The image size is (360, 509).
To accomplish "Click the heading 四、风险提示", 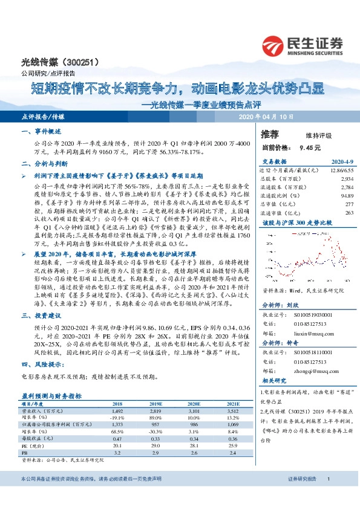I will (x=42, y=364).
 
